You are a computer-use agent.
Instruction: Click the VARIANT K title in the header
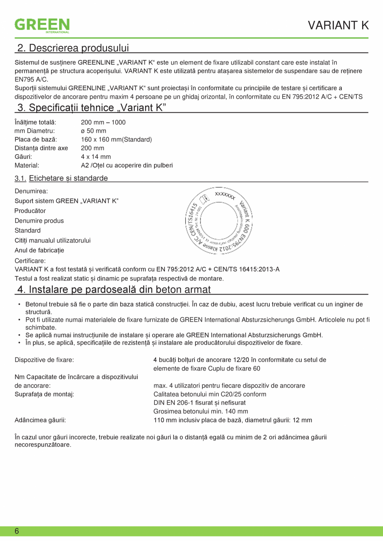(x=338, y=25)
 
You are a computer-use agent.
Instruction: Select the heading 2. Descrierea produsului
(x=72, y=48)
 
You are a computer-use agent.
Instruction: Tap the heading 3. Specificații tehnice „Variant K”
(x=91, y=108)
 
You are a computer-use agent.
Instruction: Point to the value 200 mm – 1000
(x=103, y=122)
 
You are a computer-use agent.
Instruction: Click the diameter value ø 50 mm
(x=93, y=131)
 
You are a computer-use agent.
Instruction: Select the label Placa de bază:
(x=36, y=139)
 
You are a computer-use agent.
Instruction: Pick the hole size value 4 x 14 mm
(x=96, y=157)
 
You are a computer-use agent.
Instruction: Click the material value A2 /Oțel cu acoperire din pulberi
(x=127, y=165)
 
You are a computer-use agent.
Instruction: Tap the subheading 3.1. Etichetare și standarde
(x=61, y=178)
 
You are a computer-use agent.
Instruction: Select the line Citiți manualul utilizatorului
(x=53, y=240)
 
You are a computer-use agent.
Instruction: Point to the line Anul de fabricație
(x=40, y=250)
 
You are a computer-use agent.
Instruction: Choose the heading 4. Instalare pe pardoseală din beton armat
(x=114, y=289)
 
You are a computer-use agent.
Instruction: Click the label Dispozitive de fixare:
(x=45, y=359)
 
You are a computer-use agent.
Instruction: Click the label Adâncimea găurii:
(x=40, y=420)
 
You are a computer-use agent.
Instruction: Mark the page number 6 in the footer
(x=17, y=531)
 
